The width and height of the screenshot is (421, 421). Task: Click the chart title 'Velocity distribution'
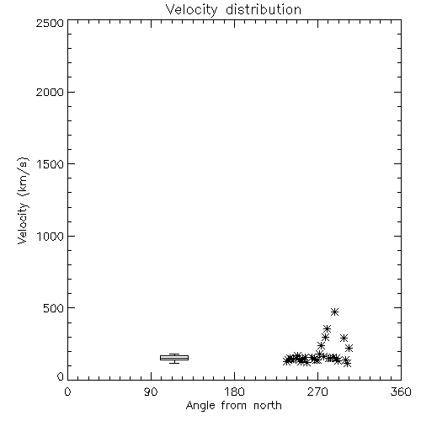(233, 10)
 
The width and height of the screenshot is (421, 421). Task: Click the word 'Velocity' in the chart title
(192, 10)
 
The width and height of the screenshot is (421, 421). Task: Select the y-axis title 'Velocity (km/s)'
(23, 200)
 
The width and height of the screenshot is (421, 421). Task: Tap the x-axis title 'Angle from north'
(233, 406)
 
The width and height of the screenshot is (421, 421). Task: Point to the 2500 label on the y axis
(50, 23)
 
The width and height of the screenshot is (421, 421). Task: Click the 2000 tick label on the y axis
(50, 92)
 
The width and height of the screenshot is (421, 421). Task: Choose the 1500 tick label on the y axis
(51, 164)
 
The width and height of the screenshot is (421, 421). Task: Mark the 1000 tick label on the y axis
(51, 236)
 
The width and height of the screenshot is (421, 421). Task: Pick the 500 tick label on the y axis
(54, 308)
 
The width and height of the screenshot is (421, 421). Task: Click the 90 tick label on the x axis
(151, 392)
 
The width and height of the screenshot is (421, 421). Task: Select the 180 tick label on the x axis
(233, 392)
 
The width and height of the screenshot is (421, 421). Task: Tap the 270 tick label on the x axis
(317, 392)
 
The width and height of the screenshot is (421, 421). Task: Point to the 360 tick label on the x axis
(401, 392)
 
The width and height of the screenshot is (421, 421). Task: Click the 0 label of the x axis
(67, 392)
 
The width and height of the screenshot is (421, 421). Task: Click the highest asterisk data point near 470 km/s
(334, 312)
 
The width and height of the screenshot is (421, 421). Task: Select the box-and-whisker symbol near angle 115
(174, 358)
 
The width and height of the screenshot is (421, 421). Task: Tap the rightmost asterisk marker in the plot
(349, 349)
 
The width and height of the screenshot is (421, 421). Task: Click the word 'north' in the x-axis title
(268, 406)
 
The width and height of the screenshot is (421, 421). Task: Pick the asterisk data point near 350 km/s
(327, 328)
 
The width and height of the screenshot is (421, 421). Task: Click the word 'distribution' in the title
(264, 10)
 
